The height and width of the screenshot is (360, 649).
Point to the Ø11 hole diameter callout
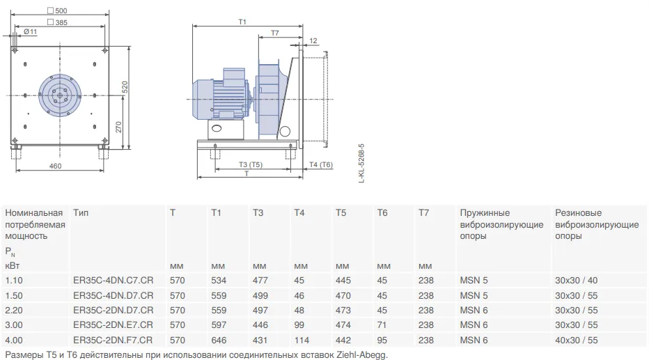click(30, 31)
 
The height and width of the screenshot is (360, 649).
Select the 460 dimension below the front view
click(55, 166)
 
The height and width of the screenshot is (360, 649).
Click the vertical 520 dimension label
click(125, 87)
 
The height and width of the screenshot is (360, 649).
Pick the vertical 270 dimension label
click(118, 127)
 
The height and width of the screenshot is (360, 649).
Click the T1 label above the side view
click(242, 22)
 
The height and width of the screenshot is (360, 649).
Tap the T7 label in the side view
click(275, 33)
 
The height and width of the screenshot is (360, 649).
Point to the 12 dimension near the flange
click(313, 40)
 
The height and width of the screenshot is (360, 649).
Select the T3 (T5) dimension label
click(251, 165)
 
